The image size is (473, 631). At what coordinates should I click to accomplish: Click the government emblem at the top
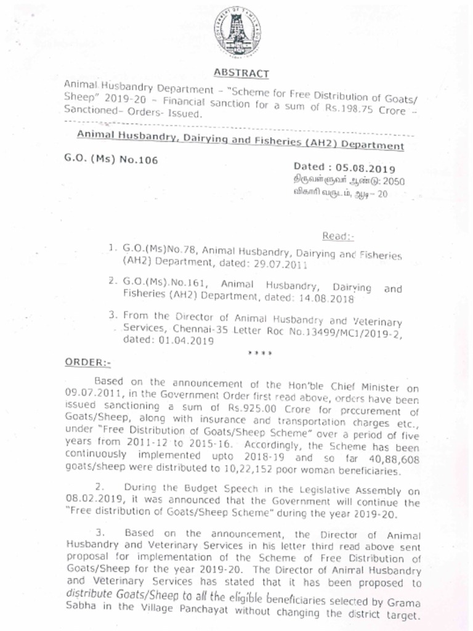click(237, 31)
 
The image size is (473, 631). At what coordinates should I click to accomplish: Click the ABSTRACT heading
click(241, 73)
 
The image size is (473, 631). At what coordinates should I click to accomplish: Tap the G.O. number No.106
click(139, 160)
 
